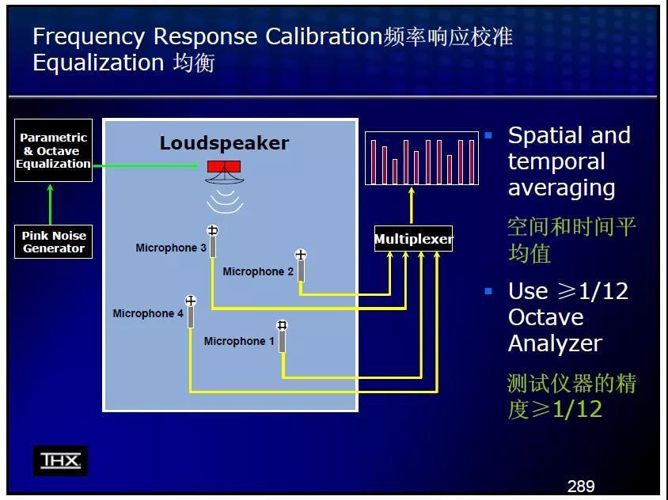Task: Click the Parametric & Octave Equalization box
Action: pyautogui.click(x=53, y=150)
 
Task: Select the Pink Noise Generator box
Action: pyautogui.click(x=53, y=241)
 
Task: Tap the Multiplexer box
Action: pyautogui.click(x=413, y=238)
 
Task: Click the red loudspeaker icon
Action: pyautogui.click(x=224, y=166)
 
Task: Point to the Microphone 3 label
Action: pyautogui.click(x=171, y=248)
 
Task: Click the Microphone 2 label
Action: pyautogui.click(x=258, y=271)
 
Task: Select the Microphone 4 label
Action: pyautogui.click(x=148, y=313)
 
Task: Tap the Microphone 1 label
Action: pyautogui.click(x=239, y=341)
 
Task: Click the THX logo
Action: pyautogui.click(x=60, y=460)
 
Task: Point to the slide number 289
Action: pyautogui.click(x=581, y=486)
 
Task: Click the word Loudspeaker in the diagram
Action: pyautogui.click(x=224, y=143)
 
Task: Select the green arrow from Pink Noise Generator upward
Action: pyautogui.click(x=51, y=204)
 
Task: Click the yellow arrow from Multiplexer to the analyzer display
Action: pyautogui.click(x=411, y=206)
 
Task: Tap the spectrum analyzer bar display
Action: pyautogui.click(x=422, y=158)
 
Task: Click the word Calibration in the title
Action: pyautogui.click(x=325, y=36)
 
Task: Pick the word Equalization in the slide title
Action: pyautogui.click(x=98, y=63)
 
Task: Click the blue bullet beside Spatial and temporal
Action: pyautogui.click(x=488, y=135)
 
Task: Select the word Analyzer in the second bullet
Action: pyautogui.click(x=555, y=343)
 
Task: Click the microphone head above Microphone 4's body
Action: pyautogui.click(x=191, y=301)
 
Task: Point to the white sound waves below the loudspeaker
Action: pyautogui.click(x=225, y=201)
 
